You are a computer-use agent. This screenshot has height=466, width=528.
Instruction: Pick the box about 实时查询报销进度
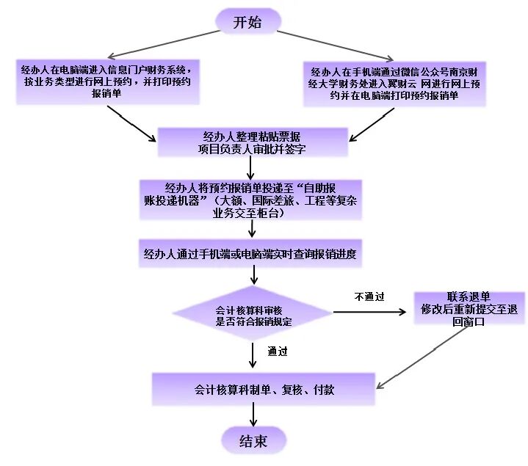pyautogui.click(x=252, y=255)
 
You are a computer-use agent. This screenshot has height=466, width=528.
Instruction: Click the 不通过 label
pyautogui.click(x=369, y=296)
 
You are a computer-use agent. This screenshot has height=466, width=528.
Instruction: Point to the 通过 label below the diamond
pyautogui.click(x=278, y=350)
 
